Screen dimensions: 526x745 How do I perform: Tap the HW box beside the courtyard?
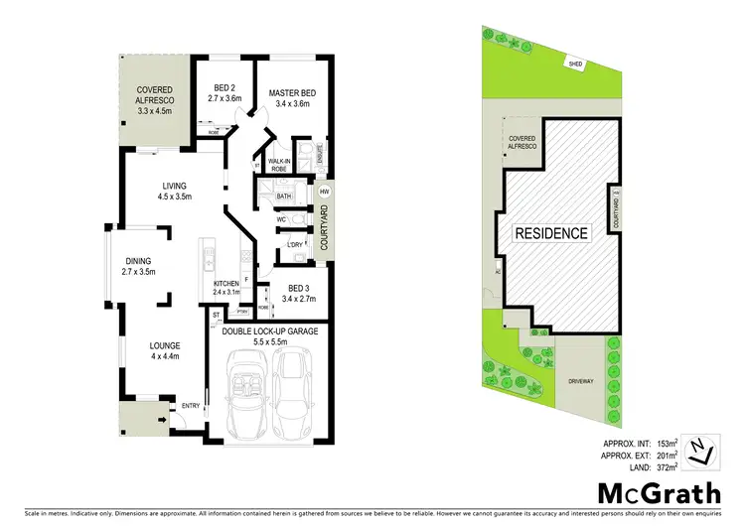tap(324, 192)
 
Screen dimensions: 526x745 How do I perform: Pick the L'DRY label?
tap(295, 244)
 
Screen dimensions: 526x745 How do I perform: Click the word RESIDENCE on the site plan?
tap(551, 234)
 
